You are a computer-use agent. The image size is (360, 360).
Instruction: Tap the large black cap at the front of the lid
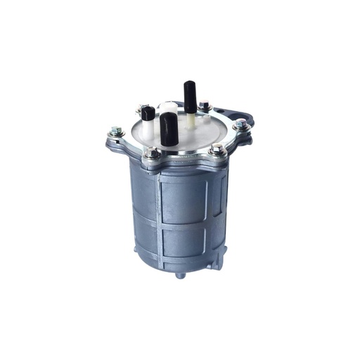pyautogui.click(x=168, y=129)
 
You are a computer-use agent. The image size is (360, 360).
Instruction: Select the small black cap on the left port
pyautogui.click(x=148, y=112)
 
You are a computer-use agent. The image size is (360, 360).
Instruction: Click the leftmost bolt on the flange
pyautogui.click(x=116, y=132)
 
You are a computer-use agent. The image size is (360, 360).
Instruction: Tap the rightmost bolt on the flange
pyautogui.click(x=240, y=124)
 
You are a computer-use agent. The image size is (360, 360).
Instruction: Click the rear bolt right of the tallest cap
pyautogui.click(x=204, y=106)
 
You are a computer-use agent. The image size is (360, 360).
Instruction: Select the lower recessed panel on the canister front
pyautogui.click(x=185, y=239)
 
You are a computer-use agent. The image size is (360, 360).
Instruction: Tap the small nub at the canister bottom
pyautogui.click(x=180, y=274)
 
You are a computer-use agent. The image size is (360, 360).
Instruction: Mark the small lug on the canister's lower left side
pyautogui.click(x=135, y=250)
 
